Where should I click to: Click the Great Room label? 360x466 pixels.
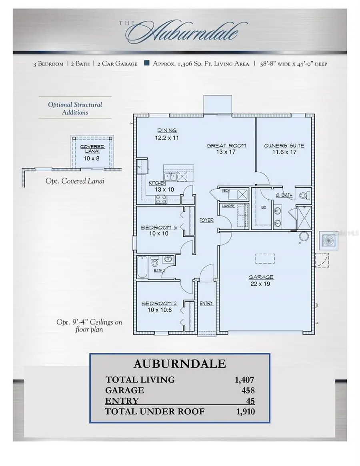tap(226, 146)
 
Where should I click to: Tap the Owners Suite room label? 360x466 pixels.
tap(284, 146)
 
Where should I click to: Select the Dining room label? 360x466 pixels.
tap(167, 130)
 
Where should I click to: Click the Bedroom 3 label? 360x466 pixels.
tap(159, 228)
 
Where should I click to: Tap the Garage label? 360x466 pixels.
tap(261, 277)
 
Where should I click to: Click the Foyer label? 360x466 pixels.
tap(206, 220)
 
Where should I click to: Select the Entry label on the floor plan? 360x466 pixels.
tap(206, 304)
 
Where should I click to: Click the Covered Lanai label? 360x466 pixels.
tap(92, 149)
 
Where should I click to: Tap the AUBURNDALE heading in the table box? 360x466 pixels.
tap(180, 364)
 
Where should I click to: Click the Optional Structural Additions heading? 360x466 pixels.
tap(75, 108)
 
